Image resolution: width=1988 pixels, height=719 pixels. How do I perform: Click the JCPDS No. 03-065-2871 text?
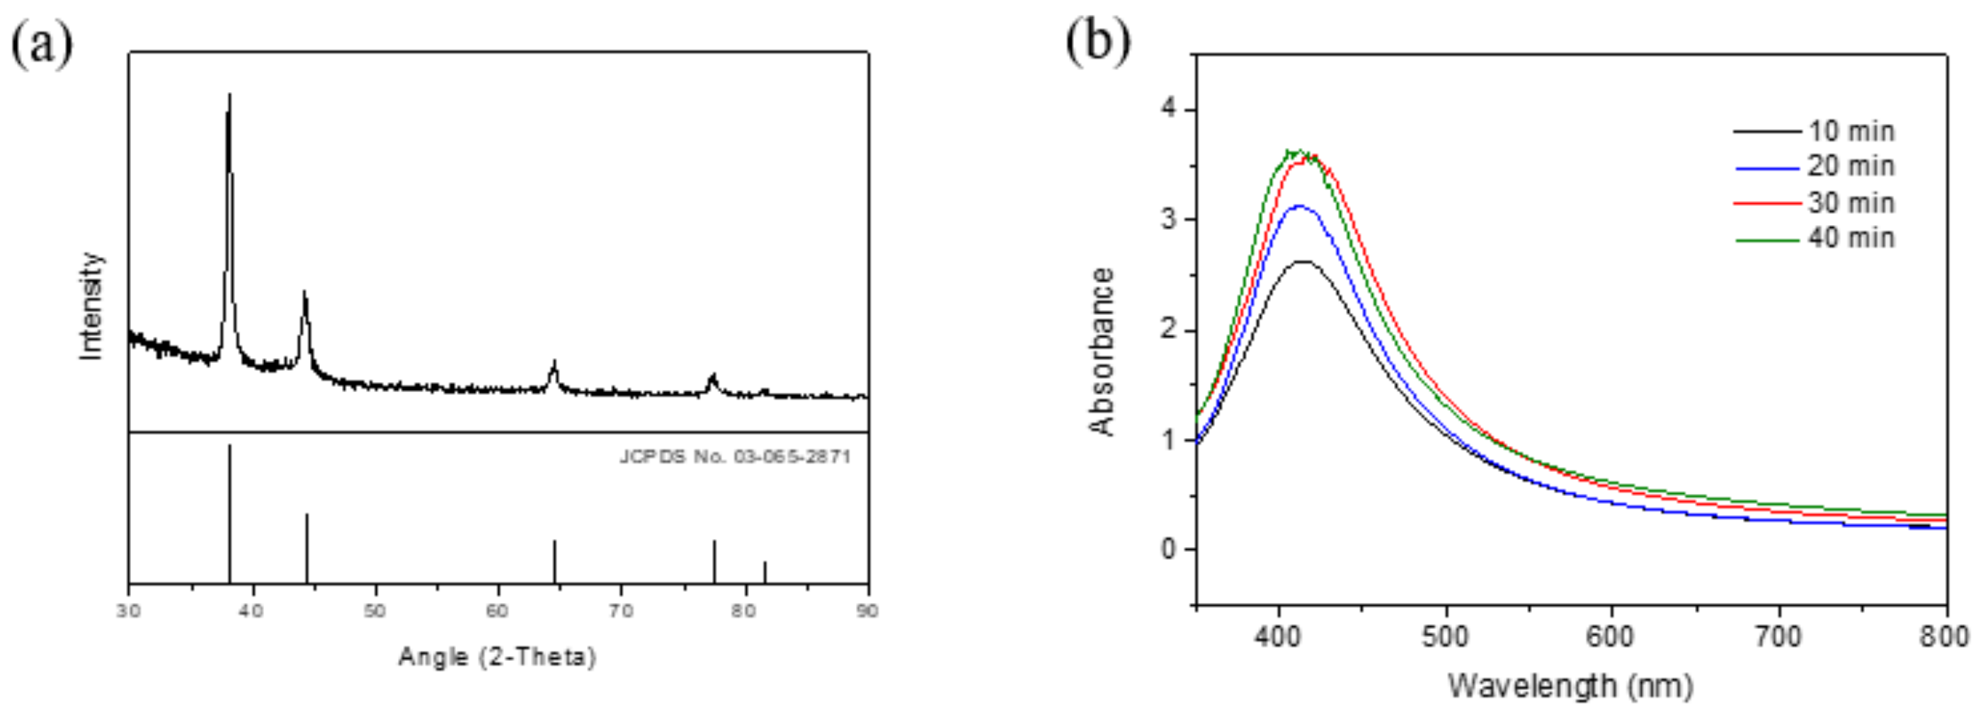click(x=735, y=456)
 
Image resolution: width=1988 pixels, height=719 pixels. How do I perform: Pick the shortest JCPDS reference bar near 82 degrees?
click(x=765, y=572)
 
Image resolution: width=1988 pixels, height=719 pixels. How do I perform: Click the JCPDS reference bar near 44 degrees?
click(x=307, y=548)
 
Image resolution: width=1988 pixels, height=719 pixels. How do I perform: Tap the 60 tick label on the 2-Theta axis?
click(x=498, y=611)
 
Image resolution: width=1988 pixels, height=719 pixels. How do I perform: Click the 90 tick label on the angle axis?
click(x=867, y=611)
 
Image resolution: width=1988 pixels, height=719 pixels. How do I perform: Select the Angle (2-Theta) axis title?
click(x=498, y=657)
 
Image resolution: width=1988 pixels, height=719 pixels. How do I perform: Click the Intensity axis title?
click(x=92, y=306)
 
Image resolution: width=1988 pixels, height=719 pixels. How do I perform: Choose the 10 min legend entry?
click(x=1851, y=131)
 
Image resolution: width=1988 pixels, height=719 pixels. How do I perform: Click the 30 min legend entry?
click(x=1851, y=203)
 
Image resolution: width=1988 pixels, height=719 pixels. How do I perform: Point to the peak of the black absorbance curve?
click(x=1303, y=263)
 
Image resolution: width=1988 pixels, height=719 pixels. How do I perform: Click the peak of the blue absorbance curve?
click(x=1300, y=206)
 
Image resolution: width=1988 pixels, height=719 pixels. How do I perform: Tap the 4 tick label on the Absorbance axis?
click(x=1168, y=110)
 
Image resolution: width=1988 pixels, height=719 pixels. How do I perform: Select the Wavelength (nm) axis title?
click(x=1570, y=685)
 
